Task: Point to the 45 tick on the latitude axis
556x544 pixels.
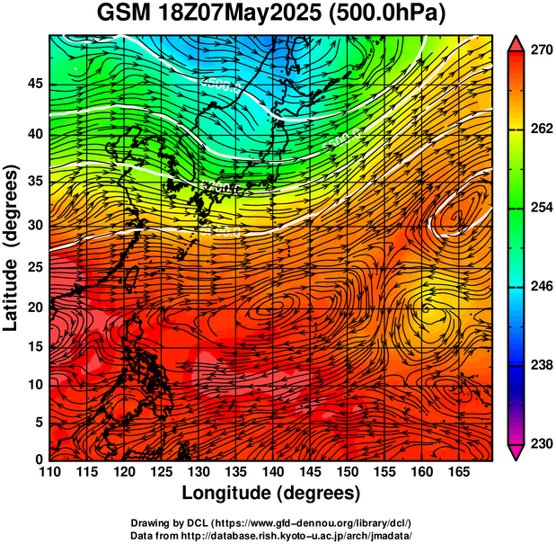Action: click(x=34, y=84)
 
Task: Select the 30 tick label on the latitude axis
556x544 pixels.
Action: click(x=34, y=225)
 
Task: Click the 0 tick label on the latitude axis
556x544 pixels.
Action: click(x=39, y=459)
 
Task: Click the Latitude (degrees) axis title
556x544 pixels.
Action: click(x=12, y=247)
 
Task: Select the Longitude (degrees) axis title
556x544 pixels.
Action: click(x=271, y=494)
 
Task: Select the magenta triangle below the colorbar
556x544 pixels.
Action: click(x=516, y=451)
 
